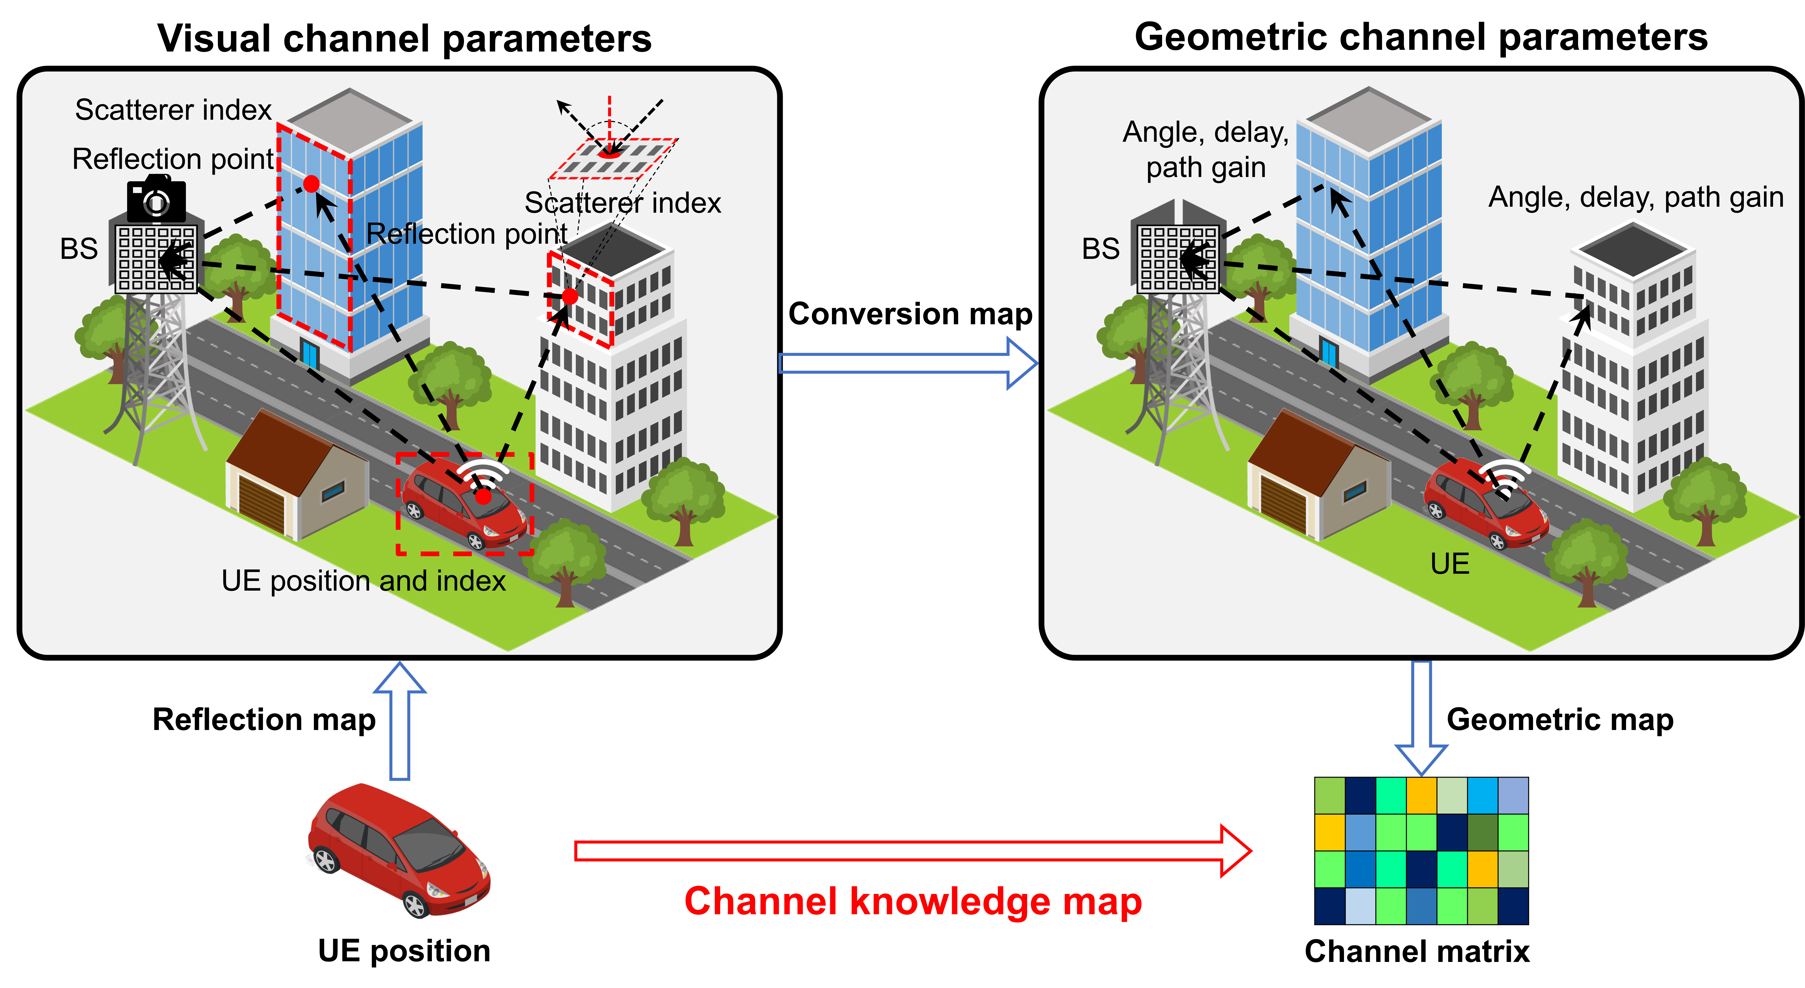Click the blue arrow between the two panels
(907, 363)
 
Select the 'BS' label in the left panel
(78, 249)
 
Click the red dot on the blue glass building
(311, 184)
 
